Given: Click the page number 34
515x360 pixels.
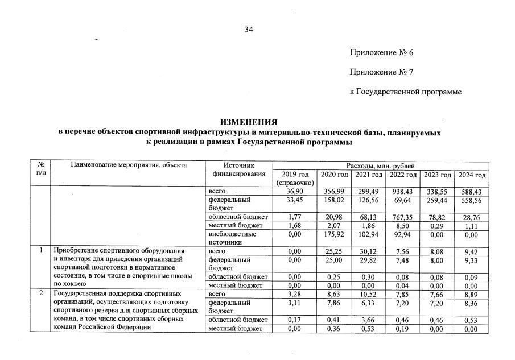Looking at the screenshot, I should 249,30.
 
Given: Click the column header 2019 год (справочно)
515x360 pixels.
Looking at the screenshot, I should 295,178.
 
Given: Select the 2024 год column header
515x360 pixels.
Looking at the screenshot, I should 471,174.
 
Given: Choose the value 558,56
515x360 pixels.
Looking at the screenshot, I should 471,200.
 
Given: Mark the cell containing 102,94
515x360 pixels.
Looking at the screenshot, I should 368,234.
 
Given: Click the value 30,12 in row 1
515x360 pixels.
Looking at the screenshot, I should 368,250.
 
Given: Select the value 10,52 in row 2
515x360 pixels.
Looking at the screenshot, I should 368,294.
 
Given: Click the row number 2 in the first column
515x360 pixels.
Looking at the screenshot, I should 40,294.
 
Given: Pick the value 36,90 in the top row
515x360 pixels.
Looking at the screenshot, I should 295,192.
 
